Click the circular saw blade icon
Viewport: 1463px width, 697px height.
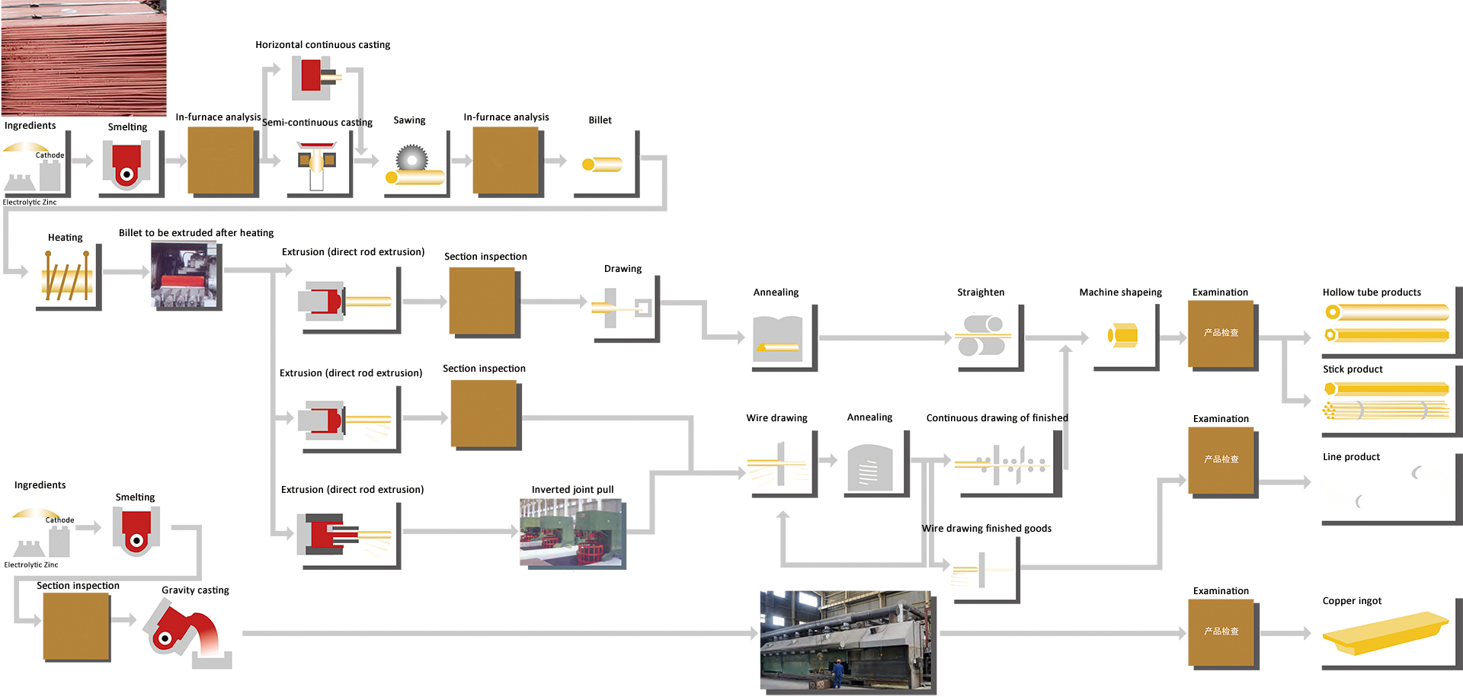[x=412, y=159]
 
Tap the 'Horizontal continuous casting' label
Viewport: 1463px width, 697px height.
[x=322, y=45]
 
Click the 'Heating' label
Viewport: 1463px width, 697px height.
[x=66, y=238]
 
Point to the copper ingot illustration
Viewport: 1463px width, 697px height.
[x=1385, y=632]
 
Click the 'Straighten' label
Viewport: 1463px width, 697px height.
[x=981, y=293]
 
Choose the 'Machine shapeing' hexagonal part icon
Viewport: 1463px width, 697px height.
[x=1122, y=334]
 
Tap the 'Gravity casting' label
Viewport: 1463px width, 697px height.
[x=195, y=590]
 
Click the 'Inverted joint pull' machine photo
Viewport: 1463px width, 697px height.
[x=571, y=532]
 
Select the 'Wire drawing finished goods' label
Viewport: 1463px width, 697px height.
[x=986, y=529]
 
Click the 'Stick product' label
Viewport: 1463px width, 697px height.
[x=1353, y=369]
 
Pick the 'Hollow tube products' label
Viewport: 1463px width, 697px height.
[x=1372, y=293]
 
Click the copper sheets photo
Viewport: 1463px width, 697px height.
[x=83, y=57]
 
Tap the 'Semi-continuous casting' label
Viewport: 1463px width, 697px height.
[x=317, y=123]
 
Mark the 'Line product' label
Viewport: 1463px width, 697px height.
[x=1351, y=457]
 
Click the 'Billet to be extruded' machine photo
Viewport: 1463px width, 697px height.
[x=186, y=275]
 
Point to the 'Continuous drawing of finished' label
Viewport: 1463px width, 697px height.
[x=997, y=418]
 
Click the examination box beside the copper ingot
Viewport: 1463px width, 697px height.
[x=1221, y=631]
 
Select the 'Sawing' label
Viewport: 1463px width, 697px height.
[x=409, y=120]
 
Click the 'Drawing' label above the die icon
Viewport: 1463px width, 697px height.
[x=623, y=269]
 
